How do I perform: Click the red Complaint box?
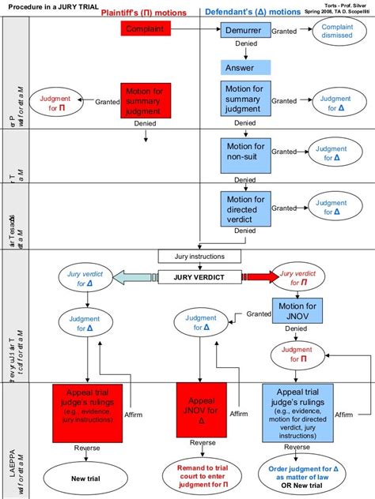[146, 28]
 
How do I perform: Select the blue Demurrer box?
[245, 29]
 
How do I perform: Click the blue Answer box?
[246, 67]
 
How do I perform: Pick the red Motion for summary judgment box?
[146, 101]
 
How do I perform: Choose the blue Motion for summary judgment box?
[245, 100]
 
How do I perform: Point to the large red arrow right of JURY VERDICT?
[260, 276]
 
